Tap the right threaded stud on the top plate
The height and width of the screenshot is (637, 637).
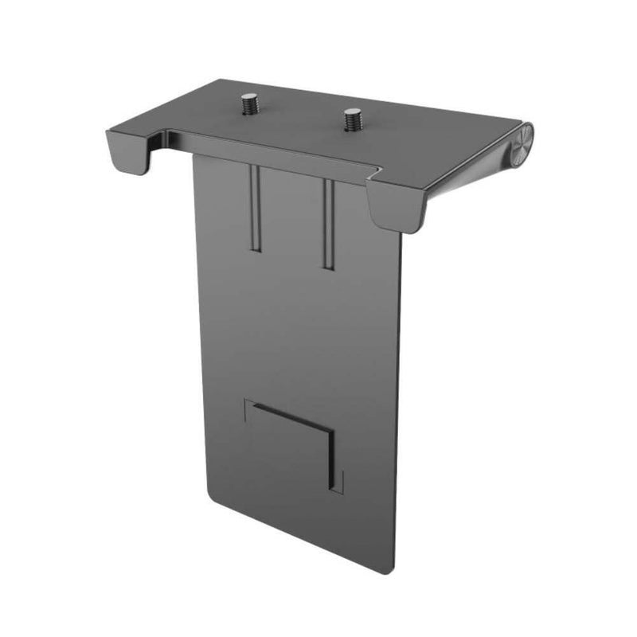[x=351, y=119]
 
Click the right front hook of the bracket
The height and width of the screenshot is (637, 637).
[x=396, y=206]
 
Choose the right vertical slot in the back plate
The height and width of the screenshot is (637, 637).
[x=326, y=223]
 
